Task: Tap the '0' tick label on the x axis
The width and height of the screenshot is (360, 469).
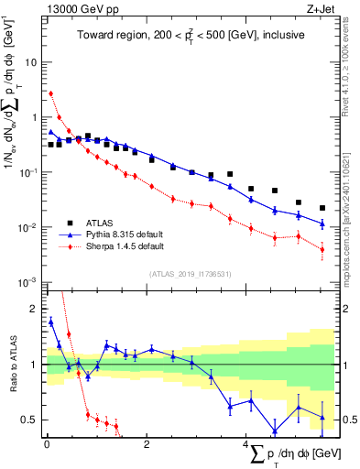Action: coord(47,443)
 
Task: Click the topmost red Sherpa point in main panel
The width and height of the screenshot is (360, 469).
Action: coord(51,93)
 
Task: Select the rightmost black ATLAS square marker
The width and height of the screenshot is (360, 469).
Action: coord(322,208)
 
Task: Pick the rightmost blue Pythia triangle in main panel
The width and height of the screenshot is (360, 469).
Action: coord(322,223)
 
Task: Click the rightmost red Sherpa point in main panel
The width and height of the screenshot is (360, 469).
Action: coord(322,249)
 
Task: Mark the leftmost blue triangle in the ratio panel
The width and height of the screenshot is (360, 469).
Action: coord(51,322)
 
